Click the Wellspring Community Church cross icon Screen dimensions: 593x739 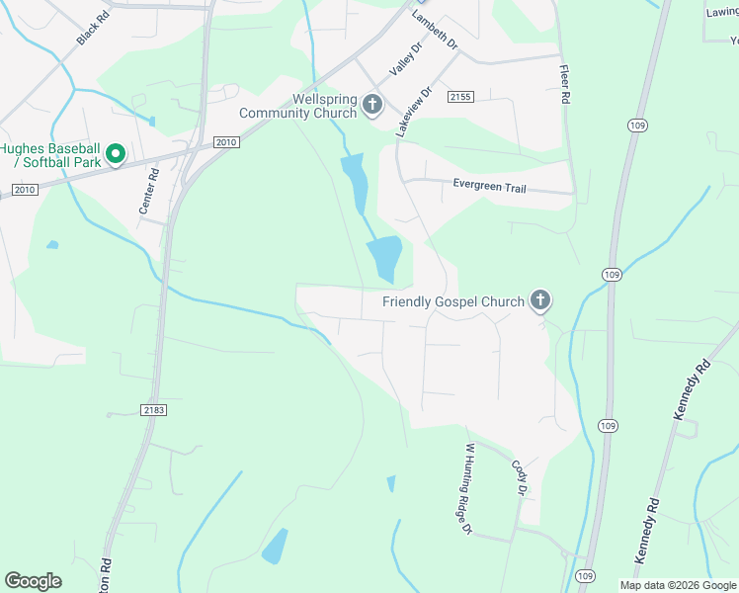[x=372, y=105]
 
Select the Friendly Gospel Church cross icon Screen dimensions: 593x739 [x=539, y=299]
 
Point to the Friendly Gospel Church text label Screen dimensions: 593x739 [x=453, y=300]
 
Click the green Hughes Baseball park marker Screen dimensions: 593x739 [x=115, y=154]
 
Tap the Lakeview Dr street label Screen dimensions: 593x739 [x=414, y=111]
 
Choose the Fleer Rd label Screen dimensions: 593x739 [x=564, y=85]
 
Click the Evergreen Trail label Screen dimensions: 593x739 [x=490, y=184]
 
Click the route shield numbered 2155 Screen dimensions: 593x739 [x=460, y=97]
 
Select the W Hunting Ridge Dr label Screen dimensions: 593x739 [x=462, y=488]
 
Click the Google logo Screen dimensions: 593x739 [x=33, y=581]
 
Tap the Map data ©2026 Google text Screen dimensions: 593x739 [x=677, y=585]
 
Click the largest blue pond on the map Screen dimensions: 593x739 [x=384, y=258]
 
